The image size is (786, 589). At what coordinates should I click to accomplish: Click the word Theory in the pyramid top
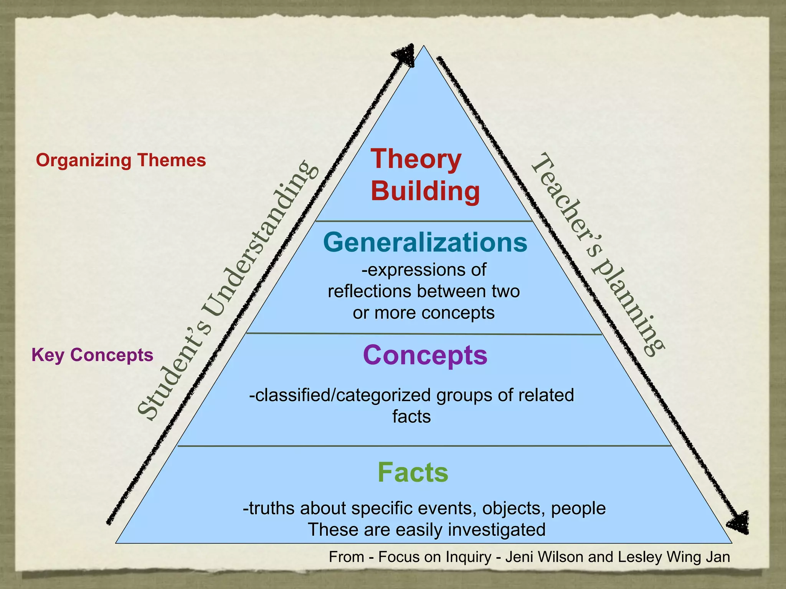click(x=416, y=159)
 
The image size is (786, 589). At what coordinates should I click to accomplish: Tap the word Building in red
click(x=425, y=191)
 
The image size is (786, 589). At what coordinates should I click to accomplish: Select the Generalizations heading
click(x=425, y=242)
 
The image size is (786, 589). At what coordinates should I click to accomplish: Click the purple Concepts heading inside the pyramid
click(x=425, y=355)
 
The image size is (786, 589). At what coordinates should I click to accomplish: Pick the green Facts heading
click(x=413, y=472)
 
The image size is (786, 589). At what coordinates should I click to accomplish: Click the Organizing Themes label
click(x=121, y=160)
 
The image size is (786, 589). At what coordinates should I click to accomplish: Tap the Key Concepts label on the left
click(x=92, y=355)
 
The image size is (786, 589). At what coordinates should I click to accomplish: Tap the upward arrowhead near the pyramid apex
click(x=405, y=56)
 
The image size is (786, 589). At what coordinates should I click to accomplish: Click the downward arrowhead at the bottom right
click(x=739, y=522)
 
